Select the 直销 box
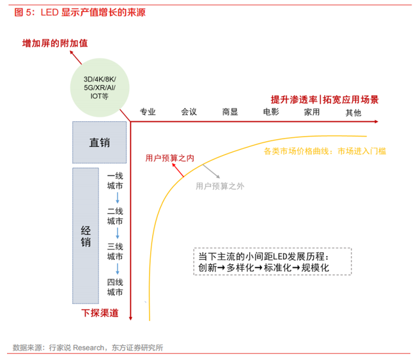tap(99, 142)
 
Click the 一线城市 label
tap(115, 180)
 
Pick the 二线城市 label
tap(115, 216)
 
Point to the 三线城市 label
tap(115, 251)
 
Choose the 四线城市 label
tap(115, 287)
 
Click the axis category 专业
tap(148, 112)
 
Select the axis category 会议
tap(189, 112)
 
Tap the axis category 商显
tap(230, 112)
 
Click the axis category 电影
tap(271, 112)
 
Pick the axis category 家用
tap(312, 112)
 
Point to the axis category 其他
tap(353, 112)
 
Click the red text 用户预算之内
tap(165, 157)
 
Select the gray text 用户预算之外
tap(220, 186)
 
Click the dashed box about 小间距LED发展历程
tap(272, 262)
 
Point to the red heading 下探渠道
tap(100, 313)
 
